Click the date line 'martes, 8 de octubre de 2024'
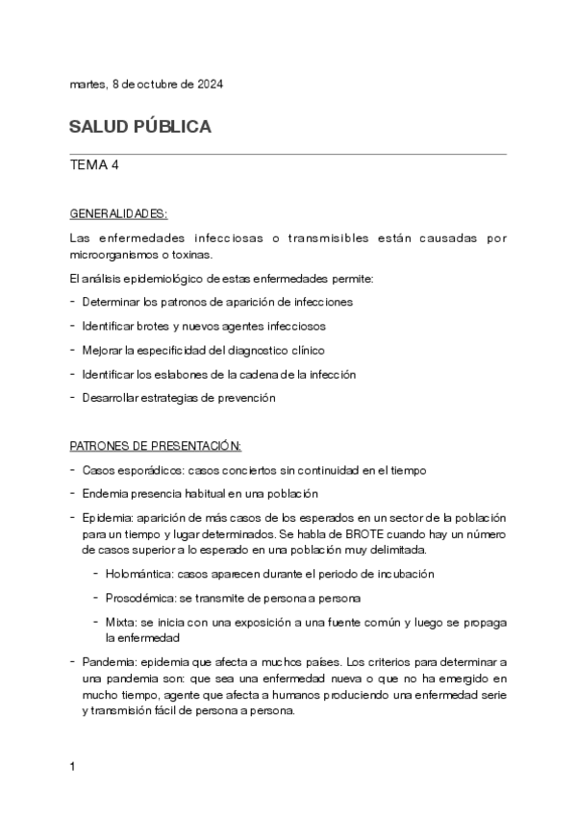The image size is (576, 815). [x=147, y=85]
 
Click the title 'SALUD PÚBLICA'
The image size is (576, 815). [x=140, y=128]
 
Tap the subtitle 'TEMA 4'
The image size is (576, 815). [x=94, y=165]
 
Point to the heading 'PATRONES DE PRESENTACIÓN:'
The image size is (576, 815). [x=156, y=446]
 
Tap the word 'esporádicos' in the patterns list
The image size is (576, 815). [x=145, y=470]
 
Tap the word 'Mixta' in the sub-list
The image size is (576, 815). [x=119, y=622]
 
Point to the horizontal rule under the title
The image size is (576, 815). [x=288, y=153]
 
